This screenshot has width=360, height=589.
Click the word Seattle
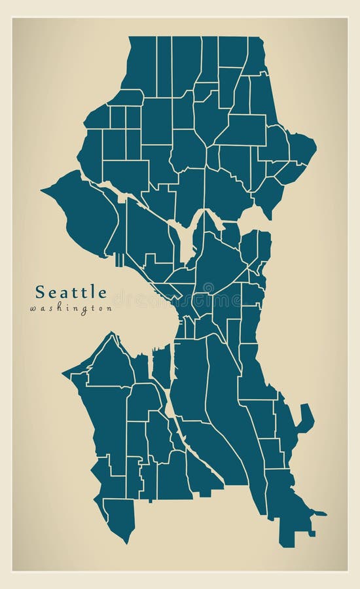(x=71, y=291)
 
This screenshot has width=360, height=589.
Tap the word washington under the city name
(x=71, y=308)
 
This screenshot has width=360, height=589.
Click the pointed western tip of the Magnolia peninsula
(x=43, y=190)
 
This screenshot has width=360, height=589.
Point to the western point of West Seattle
(x=65, y=374)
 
